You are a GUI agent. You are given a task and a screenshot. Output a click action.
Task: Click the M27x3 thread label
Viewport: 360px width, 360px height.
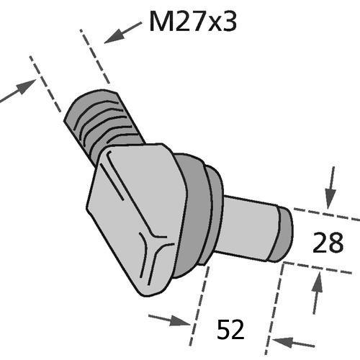pyautogui.click(x=193, y=22)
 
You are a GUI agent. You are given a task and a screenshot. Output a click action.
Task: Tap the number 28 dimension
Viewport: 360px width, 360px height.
pyautogui.click(x=328, y=243)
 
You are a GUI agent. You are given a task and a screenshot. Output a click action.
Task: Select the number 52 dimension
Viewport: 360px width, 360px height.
pyautogui.click(x=230, y=329)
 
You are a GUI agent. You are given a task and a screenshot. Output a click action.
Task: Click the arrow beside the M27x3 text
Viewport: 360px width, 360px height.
pyautogui.click(x=123, y=32)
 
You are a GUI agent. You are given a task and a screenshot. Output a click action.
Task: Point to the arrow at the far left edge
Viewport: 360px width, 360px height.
pyautogui.click(x=18, y=90)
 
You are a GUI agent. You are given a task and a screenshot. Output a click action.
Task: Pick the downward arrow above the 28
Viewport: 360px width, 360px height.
pyautogui.click(x=331, y=188)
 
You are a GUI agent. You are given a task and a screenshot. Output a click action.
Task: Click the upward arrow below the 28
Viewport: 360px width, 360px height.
pyautogui.click(x=317, y=294)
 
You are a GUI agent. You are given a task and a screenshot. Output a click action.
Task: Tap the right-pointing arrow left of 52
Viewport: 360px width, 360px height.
pyautogui.click(x=169, y=320)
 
